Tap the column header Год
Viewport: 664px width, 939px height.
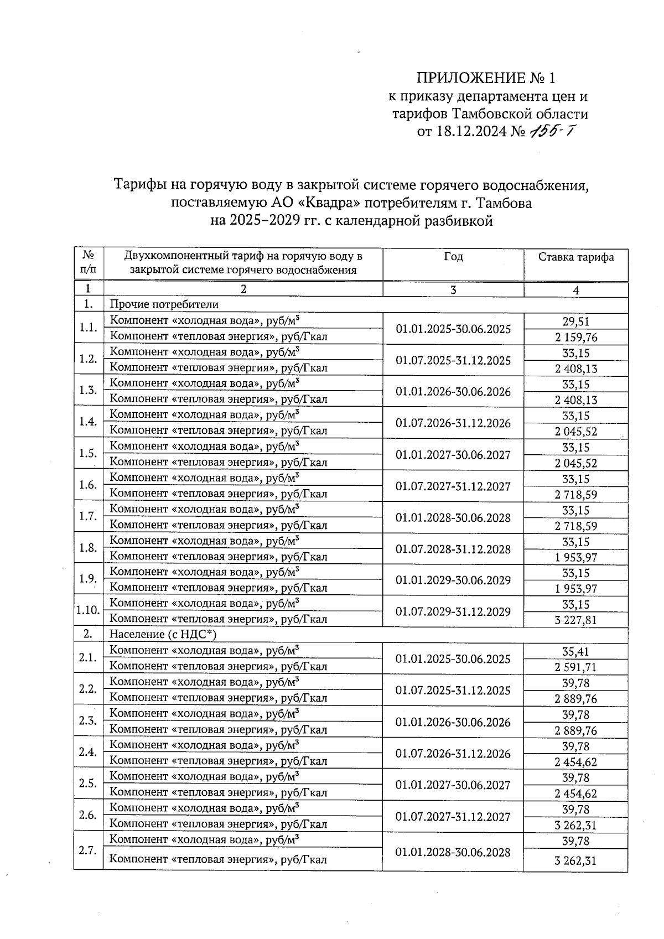453,257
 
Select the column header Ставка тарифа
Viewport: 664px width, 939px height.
576,257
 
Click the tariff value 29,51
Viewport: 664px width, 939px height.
576,321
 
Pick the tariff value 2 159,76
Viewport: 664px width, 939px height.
576,337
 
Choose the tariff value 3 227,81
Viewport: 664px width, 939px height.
576,620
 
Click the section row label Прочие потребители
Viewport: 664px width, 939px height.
164,304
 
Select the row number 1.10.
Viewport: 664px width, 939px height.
88,610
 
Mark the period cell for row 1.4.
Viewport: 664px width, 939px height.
453,423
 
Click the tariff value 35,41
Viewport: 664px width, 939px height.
576,651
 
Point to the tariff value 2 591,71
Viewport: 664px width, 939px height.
576,667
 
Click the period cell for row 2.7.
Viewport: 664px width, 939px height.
453,852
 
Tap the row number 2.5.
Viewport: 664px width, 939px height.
88,783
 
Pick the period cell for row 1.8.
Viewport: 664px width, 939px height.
453,549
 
